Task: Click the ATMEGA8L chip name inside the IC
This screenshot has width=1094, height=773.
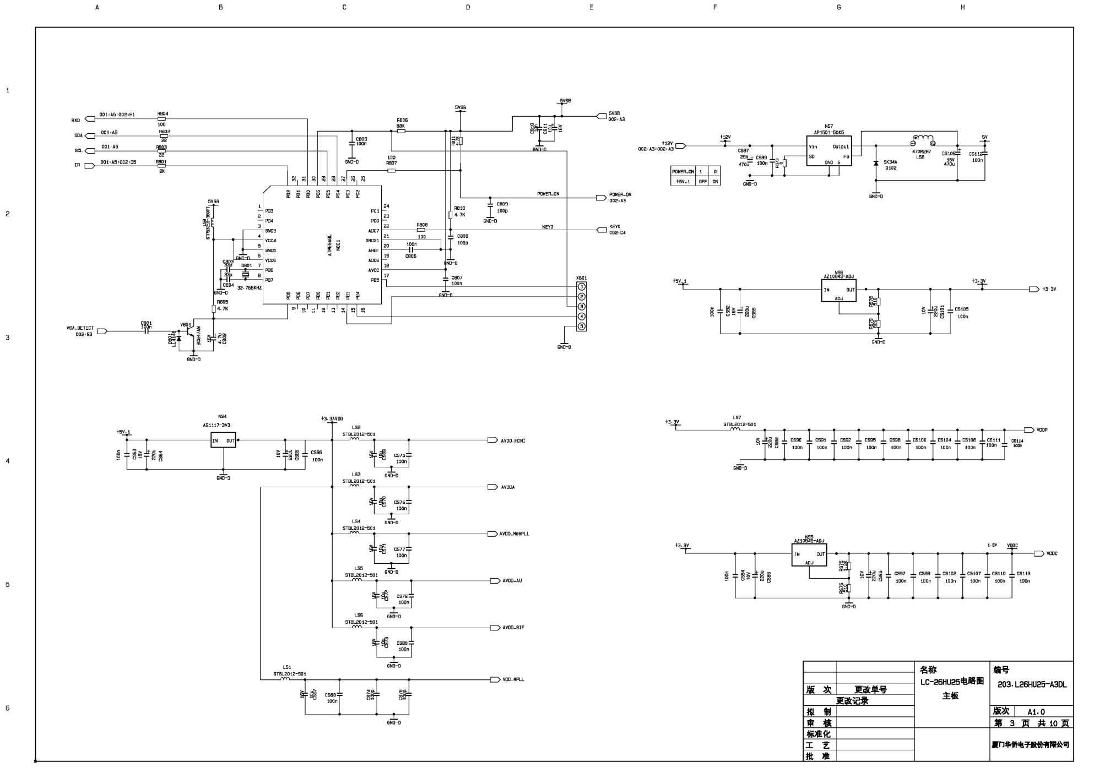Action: [x=329, y=245]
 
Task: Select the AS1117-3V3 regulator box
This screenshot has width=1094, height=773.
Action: [x=223, y=440]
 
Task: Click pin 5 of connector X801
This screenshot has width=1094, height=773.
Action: [x=581, y=326]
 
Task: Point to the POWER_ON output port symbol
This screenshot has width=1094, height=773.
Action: [x=601, y=198]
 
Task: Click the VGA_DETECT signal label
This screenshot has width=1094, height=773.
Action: [x=80, y=328]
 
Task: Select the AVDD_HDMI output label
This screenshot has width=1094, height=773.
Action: [x=513, y=440]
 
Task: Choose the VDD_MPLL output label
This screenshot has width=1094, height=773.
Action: [x=513, y=679]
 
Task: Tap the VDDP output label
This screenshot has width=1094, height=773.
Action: [x=1042, y=430]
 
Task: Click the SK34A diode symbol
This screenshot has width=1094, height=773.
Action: [x=876, y=164]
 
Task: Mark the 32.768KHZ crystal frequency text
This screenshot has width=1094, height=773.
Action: [x=250, y=287]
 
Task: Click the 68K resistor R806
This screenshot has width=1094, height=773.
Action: [x=401, y=131]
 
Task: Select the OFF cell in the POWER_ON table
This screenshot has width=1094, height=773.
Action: [x=702, y=181]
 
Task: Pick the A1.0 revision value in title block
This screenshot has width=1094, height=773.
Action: [x=1036, y=712]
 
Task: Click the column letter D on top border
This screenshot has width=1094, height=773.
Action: [x=468, y=8]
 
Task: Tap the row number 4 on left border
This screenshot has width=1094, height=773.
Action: [x=8, y=461]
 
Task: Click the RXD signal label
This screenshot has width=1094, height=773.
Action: [x=75, y=120]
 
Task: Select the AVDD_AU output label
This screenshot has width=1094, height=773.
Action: [x=512, y=581]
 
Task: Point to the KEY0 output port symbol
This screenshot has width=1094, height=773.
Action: [x=601, y=230]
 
